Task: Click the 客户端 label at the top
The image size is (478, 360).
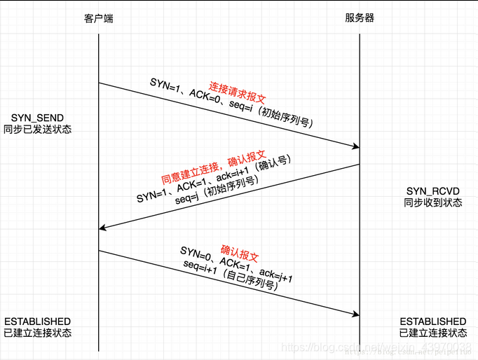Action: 98,18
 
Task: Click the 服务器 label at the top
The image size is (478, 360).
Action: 360,18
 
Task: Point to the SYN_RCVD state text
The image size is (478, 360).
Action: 432,191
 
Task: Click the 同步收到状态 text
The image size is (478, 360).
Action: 432,202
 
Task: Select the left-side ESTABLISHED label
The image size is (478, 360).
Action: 37,321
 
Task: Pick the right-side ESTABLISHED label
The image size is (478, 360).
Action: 432,321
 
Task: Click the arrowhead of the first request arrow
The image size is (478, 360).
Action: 355,147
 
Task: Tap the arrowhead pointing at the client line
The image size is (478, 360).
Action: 102,228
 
